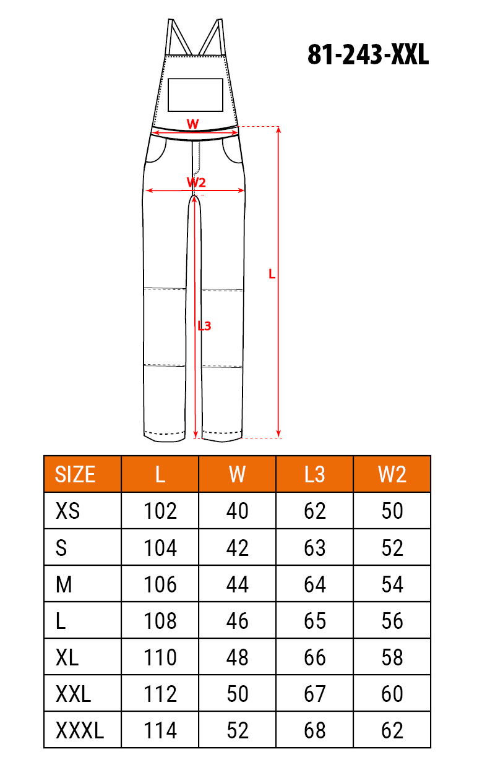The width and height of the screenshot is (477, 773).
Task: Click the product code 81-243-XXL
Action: click(x=368, y=55)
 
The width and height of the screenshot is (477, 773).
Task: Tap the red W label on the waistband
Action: click(x=192, y=124)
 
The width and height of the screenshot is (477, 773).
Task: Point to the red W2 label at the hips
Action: click(x=196, y=182)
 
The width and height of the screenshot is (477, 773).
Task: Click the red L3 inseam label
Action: click(x=204, y=326)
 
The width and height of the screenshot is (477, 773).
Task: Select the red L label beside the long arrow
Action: click(x=272, y=274)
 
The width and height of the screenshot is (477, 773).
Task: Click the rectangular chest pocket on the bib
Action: click(x=196, y=95)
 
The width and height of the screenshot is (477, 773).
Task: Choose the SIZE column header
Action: click(x=75, y=474)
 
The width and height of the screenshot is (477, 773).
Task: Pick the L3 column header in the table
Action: click(x=314, y=474)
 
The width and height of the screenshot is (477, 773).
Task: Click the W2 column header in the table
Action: click(x=392, y=474)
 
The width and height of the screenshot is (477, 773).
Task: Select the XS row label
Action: click(x=67, y=511)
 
